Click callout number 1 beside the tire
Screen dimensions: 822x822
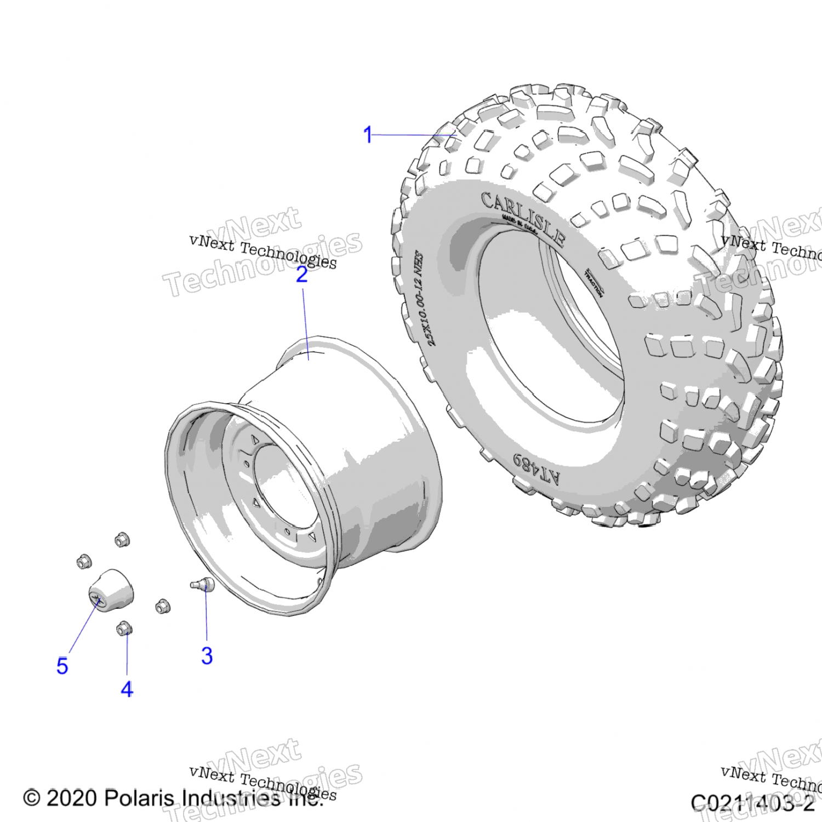click(368, 135)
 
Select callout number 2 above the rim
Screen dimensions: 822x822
click(302, 275)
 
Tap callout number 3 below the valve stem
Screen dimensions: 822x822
click(207, 655)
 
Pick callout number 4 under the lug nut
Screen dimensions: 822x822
click(127, 689)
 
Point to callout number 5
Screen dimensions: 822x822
click(62, 666)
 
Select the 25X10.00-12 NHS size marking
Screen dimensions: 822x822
click(425, 299)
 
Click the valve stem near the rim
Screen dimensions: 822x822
click(202, 584)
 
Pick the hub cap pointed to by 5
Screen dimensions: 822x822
click(111, 591)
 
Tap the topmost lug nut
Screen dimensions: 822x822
click(122, 540)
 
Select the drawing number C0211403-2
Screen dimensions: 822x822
click(752, 803)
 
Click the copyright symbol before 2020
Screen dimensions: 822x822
click(32, 798)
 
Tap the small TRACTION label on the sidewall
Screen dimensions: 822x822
click(594, 283)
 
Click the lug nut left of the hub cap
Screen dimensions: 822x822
click(84, 562)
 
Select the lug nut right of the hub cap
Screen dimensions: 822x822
click(163, 606)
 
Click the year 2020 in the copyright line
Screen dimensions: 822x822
click(72, 798)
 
